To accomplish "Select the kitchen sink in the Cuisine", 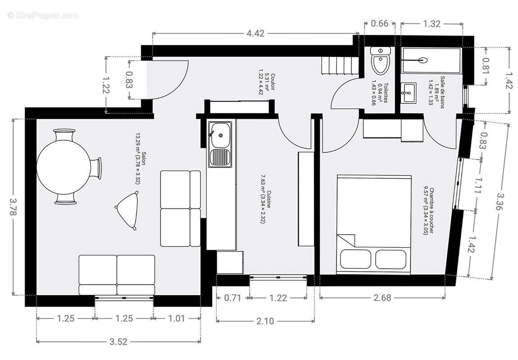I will pos(220,135).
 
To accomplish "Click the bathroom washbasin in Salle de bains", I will pos(409,92).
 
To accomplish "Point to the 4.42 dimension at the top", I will pos(255,33).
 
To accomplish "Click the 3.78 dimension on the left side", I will pos(14,207).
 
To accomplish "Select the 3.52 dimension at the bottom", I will pos(118,342).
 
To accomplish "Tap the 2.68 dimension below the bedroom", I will pos(382,297).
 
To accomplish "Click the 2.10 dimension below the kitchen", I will pos(265,321).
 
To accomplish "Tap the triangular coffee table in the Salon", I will pos(128,209).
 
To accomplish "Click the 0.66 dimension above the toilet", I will pos(379,24).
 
